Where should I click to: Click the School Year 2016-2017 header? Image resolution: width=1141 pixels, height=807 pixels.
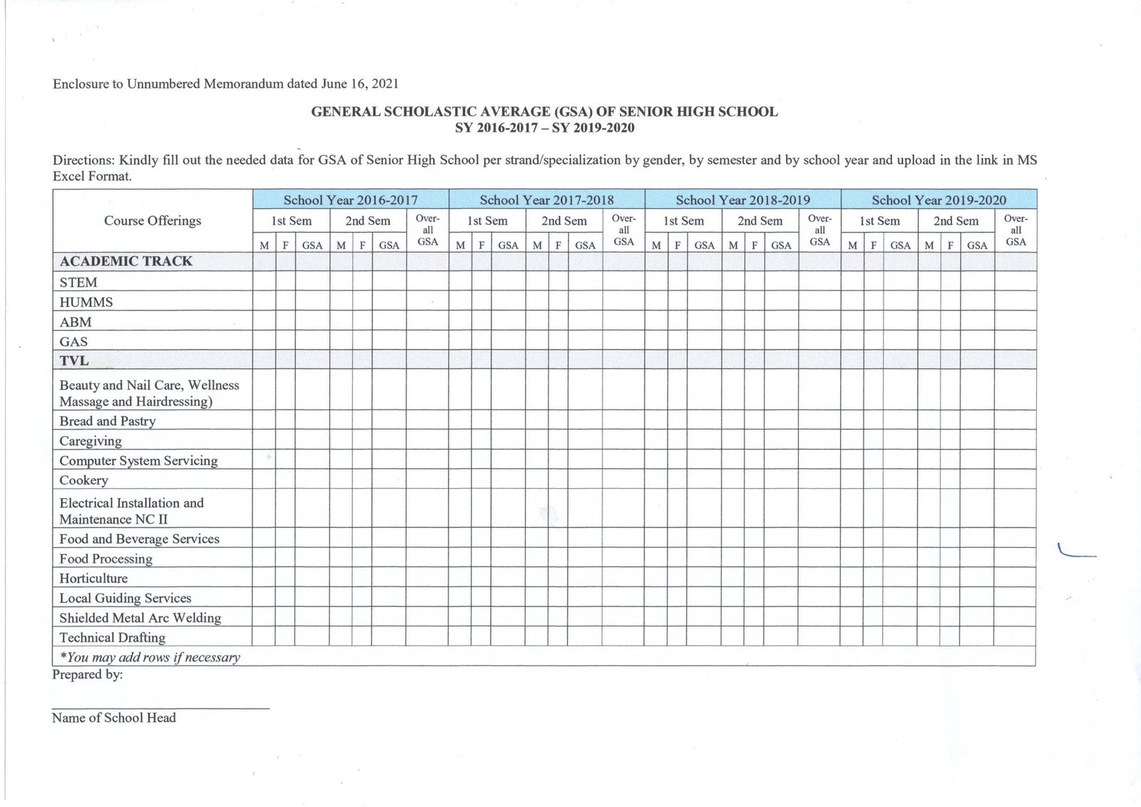(350, 200)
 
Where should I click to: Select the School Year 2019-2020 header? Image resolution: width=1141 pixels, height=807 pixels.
(938, 200)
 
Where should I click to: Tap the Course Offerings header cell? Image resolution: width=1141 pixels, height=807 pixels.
(153, 220)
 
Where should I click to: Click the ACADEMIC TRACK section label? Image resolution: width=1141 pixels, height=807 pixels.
(126, 261)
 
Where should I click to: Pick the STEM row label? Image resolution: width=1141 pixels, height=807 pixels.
(78, 283)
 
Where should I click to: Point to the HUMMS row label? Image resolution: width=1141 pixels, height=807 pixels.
(86, 303)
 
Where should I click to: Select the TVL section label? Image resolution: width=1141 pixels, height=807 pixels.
(74, 361)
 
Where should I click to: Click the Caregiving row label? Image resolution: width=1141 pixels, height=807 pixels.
(91, 441)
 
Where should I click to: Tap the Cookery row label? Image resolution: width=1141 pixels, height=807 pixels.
(83, 480)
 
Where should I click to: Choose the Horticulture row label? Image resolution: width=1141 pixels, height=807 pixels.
(93, 579)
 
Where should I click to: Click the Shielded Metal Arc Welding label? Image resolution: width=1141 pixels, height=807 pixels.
(140, 618)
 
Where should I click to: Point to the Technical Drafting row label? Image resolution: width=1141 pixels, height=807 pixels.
(113, 638)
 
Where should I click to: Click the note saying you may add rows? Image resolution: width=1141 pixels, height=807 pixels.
(150, 657)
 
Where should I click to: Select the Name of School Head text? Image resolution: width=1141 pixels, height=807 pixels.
(114, 718)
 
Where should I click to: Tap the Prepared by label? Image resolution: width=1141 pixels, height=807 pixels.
(88, 674)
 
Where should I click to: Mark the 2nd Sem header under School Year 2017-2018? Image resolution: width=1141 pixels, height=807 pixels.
(564, 221)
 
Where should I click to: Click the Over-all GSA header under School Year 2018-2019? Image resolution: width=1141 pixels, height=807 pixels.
(819, 230)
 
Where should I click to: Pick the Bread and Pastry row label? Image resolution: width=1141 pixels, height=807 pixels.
(108, 421)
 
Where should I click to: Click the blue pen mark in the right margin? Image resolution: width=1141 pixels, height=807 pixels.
(1076, 552)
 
